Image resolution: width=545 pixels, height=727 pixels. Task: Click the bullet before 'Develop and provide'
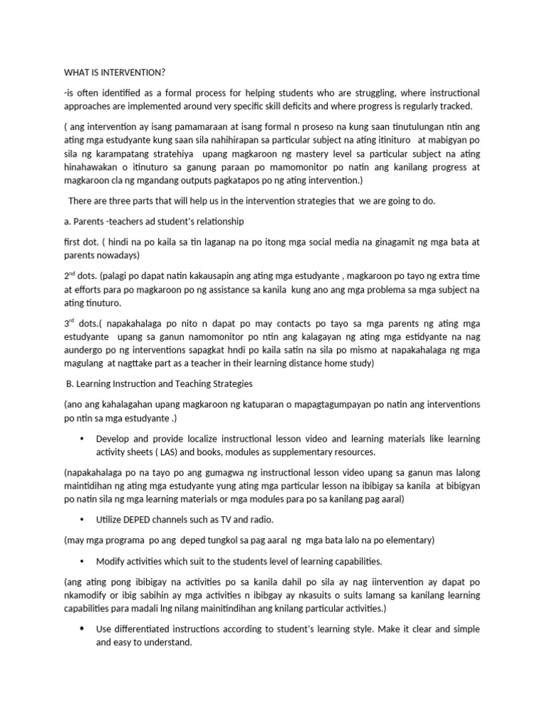click(x=84, y=439)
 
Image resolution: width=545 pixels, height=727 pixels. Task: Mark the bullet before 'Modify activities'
click(x=84, y=561)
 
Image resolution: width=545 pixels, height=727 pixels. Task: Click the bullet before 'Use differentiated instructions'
click(x=84, y=629)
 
